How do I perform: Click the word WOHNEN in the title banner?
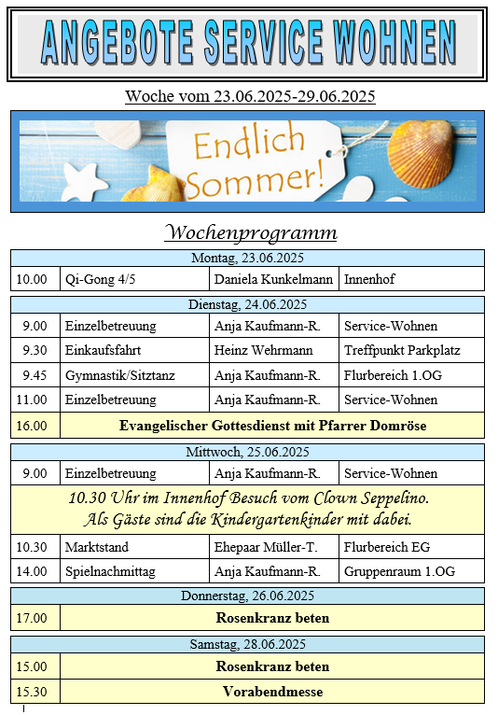point(395,42)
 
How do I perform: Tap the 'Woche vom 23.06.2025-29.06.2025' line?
point(250,96)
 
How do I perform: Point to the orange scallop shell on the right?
point(421,153)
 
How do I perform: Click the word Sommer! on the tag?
point(256,179)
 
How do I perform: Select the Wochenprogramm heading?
point(251,232)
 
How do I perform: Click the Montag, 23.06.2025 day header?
point(247,258)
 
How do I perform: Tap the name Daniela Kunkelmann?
point(273,279)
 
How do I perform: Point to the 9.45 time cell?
point(35,375)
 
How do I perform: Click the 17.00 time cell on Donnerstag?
point(32,618)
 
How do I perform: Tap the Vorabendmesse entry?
point(272,692)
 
